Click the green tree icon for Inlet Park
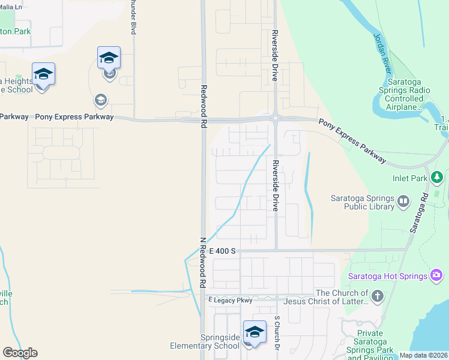coord(438,178)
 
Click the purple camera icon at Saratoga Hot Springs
coord(437,276)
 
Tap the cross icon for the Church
coord(377,296)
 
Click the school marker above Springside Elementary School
coord(255,332)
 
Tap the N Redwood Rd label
coord(203,261)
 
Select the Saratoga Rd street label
coord(418,214)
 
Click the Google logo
coord(20,353)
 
